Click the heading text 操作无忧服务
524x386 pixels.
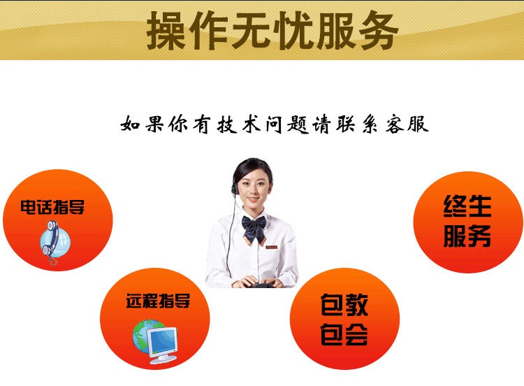[x=272, y=31]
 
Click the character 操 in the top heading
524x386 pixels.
[x=166, y=31]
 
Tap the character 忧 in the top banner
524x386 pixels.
[x=293, y=31]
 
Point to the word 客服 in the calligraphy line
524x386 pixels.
[x=407, y=124]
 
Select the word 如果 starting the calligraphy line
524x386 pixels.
[x=142, y=124]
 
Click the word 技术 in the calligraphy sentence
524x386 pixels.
[x=239, y=124]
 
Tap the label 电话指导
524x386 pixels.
[x=52, y=207]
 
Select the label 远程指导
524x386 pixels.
[x=158, y=301]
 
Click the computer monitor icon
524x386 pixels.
[x=162, y=345]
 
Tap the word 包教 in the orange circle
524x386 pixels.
[x=344, y=305]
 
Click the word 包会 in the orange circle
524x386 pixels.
[x=344, y=334]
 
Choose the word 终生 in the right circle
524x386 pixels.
[x=467, y=206]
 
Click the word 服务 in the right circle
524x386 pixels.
[x=467, y=236]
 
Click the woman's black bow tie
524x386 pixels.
[x=254, y=227]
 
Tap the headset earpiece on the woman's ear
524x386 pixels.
[x=234, y=189]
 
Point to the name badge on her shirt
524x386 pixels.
[x=271, y=247]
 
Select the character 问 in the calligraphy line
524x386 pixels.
[x=274, y=124]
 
